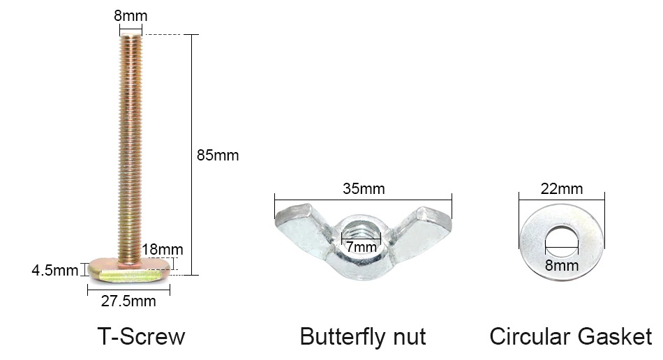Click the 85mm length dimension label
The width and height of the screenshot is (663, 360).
[218, 156]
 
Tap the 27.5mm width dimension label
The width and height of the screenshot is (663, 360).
[128, 301]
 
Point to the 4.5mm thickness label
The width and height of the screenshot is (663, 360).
[55, 271]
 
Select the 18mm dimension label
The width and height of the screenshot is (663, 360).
[163, 250]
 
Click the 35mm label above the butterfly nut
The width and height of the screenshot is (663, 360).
[364, 189]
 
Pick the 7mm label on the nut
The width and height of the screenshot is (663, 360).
[362, 247]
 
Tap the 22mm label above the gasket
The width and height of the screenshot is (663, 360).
[562, 189]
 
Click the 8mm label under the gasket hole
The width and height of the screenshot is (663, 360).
[562, 266]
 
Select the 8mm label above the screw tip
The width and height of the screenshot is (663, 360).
[131, 16]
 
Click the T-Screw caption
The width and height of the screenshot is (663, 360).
[141, 336]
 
